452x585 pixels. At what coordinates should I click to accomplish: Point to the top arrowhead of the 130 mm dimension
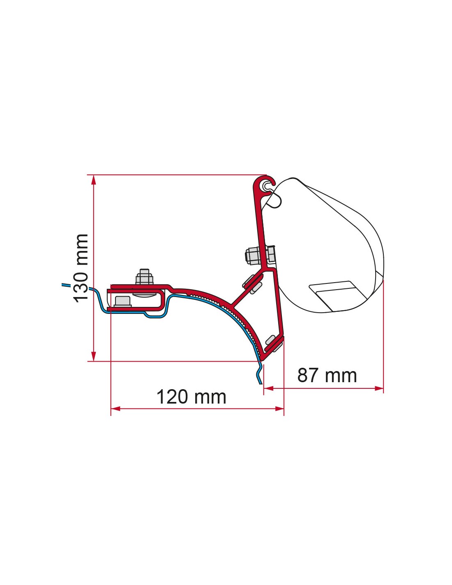(94, 180)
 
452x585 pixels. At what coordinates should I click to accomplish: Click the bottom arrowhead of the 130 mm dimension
(94, 356)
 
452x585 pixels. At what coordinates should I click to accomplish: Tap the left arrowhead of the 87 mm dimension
(268, 388)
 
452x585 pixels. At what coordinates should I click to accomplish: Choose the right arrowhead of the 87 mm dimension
(378, 388)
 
